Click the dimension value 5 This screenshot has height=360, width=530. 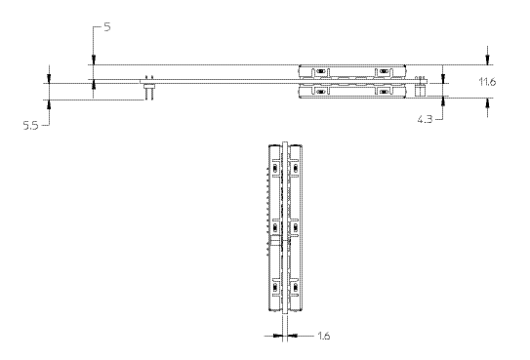click(x=106, y=26)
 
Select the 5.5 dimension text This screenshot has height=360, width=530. click(x=30, y=126)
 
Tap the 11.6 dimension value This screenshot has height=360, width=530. click(x=487, y=82)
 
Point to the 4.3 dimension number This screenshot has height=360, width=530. click(x=425, y=119)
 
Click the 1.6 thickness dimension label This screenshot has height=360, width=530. click(x=323, y=336)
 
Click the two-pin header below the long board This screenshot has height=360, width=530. click(x=149, y=92)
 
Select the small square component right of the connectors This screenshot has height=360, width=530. click(x=420, y=91)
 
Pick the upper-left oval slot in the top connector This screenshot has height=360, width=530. click(x=320, y=71)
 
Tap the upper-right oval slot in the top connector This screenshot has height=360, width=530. click(x=384, y=71)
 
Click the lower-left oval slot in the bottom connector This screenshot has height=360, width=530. click(x=320, y=92)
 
